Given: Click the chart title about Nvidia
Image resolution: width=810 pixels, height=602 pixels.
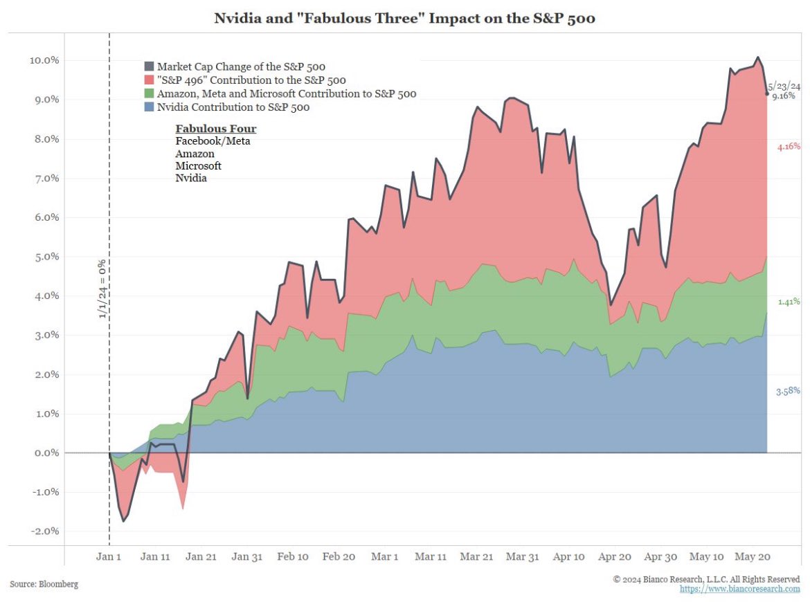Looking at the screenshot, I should click(405, 19).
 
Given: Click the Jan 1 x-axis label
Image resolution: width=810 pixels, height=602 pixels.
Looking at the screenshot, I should click(109, 556).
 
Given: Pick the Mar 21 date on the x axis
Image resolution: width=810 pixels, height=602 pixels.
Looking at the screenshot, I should click(476, 556).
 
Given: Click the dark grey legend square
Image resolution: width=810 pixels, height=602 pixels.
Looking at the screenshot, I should click(149, 66).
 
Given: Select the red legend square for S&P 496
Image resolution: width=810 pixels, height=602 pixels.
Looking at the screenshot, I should click(149, 80).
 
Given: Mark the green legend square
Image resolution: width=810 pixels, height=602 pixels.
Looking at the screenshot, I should click(149, 93).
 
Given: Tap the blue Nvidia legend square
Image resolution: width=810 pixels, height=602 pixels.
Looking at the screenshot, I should click(149, 107).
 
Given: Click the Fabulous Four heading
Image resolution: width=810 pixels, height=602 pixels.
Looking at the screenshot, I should click(215, 129).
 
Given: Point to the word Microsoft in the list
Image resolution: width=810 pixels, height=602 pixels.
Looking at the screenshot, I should click(198, 166).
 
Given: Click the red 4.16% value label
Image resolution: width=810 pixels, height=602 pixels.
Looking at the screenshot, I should click(789, 147).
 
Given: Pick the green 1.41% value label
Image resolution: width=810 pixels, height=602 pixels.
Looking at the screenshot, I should click(789, 302).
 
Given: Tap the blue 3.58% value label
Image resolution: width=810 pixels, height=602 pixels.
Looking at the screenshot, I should click(789, 392).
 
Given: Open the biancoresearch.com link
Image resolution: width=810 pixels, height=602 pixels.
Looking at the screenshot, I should click(739, 589).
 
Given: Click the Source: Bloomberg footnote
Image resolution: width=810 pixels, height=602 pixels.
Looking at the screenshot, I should click(44, 584).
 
